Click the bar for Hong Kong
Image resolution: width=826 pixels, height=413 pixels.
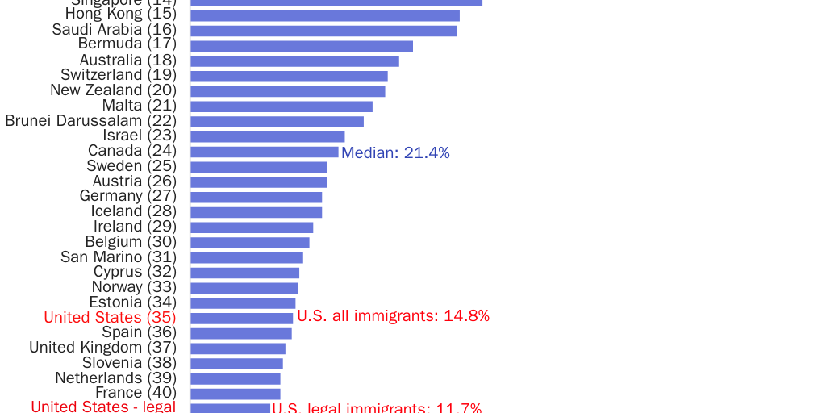[x=324, y=16]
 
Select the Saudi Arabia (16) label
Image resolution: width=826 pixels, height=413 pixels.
[x=114, y=30]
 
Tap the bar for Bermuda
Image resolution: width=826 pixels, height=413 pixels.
[x=301, y=46]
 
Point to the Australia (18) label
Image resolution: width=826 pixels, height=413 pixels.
[x=127, y=60]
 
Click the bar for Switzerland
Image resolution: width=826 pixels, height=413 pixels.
[x=289, y=76]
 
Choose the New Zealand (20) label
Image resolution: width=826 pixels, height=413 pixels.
[x=113, y=90]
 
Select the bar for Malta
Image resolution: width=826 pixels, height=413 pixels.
[x=281, y=106]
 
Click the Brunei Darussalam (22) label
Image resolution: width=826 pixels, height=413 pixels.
[x=90, y=121]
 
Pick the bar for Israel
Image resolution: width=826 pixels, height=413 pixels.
[x=267, y=136]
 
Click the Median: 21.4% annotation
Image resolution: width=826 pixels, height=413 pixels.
[x=395, y=153]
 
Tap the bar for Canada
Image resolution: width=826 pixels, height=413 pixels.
[x=264, y=152]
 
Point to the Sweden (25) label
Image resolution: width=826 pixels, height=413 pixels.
[x=131, y=166]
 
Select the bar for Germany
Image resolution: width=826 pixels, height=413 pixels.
[x=256, y=197]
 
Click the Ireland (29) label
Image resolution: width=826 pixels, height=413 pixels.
[x=135, y=227]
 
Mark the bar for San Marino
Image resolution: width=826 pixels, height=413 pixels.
[x=246, y=257]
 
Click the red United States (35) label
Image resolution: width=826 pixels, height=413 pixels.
[x=110, y=318]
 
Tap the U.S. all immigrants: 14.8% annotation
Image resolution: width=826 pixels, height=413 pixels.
[x=393, y=316]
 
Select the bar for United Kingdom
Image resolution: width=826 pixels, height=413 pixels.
[x=237, y=348]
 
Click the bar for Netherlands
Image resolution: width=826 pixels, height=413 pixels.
[x=235, y=378]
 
